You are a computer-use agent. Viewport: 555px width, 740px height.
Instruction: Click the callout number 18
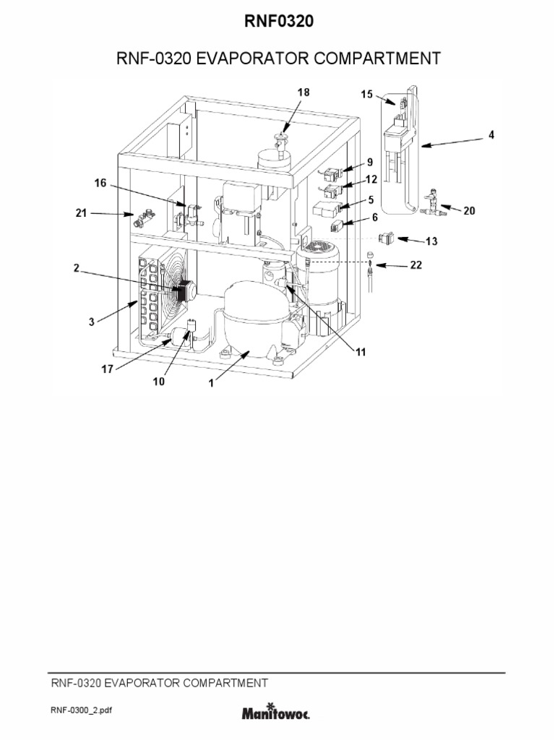coord(302,92)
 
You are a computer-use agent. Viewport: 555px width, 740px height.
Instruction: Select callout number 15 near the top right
coord(366,95)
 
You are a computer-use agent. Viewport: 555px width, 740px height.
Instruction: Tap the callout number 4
coord(491,134)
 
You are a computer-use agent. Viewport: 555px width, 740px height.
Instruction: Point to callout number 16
coord(100,184)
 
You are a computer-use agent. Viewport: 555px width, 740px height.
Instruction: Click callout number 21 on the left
coord(82,213)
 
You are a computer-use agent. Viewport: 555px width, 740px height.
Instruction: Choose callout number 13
coord(431,241)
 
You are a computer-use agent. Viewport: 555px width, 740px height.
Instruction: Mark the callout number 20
coord(469,211)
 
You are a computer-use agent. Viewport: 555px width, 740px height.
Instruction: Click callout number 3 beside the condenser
coord(92,322)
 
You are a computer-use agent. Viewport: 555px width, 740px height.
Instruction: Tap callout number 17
coord(106,368)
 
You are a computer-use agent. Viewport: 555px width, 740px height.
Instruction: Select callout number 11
coord(360,352)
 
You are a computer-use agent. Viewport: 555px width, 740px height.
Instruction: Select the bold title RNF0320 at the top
coord(277,23)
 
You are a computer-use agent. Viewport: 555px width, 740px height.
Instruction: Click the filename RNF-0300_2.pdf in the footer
coord(81,711)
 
